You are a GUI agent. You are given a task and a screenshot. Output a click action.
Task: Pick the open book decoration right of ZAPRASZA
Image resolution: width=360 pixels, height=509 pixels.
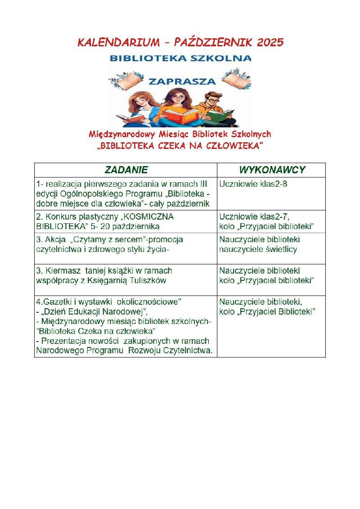(x=239, y=80)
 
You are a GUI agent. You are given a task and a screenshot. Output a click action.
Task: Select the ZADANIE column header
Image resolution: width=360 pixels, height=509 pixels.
(x=126, y=170)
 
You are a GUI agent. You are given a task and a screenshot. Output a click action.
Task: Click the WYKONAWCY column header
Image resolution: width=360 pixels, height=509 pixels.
(x=272, y=170)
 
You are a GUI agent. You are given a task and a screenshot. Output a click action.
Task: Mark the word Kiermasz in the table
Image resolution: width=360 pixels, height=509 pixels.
(x=62, y=271)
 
